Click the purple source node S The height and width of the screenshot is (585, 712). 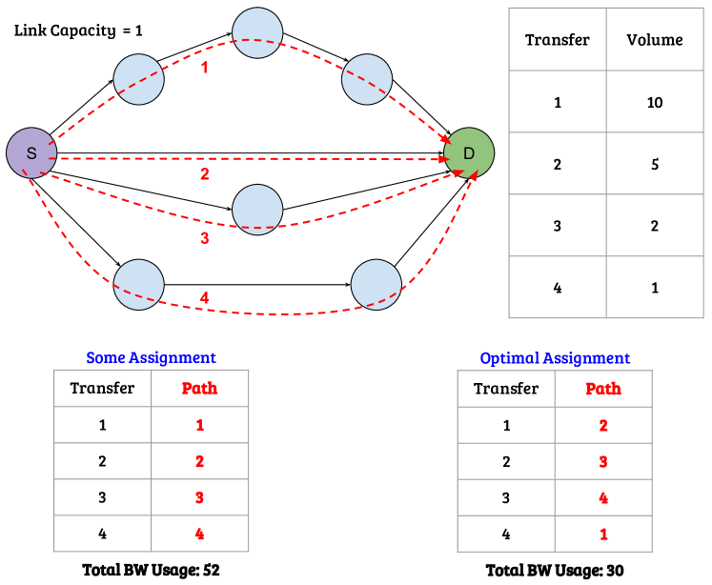click(x=31, y=152)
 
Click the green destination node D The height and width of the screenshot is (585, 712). click(x=469, y=152)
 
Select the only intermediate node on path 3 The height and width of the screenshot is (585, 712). click(x=257, y=209)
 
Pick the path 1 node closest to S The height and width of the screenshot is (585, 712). click(x=139, y=79)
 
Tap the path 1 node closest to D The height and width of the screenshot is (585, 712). click(x=367, y=79)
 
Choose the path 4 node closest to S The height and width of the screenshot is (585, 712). click(x=139, y=284)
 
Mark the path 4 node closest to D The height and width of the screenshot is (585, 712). click(x=376, y=284)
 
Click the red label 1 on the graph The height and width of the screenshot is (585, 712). click(x=204, y=68)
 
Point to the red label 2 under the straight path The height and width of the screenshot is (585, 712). click(x=204, y=174)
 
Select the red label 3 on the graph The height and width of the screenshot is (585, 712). click(x=204, y=237)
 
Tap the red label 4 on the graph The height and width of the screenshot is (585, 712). click(x=204, y=297)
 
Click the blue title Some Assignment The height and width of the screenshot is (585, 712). click(x=151, y=358)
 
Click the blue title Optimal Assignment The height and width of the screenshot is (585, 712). click(x=554, y=358)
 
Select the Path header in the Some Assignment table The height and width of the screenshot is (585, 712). click(x=199, y=388)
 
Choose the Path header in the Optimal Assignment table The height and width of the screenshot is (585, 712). click(x=602, y=389)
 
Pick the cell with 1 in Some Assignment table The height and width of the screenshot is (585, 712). click(x=199, y=425)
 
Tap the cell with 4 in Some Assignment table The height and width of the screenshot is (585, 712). click(x=199, y=534)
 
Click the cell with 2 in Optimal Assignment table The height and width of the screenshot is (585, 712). click(x=602, y=426)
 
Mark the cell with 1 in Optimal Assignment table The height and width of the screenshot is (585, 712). click(x=602, y=535)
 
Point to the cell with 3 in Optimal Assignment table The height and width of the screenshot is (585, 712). click(x=602, y=462)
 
